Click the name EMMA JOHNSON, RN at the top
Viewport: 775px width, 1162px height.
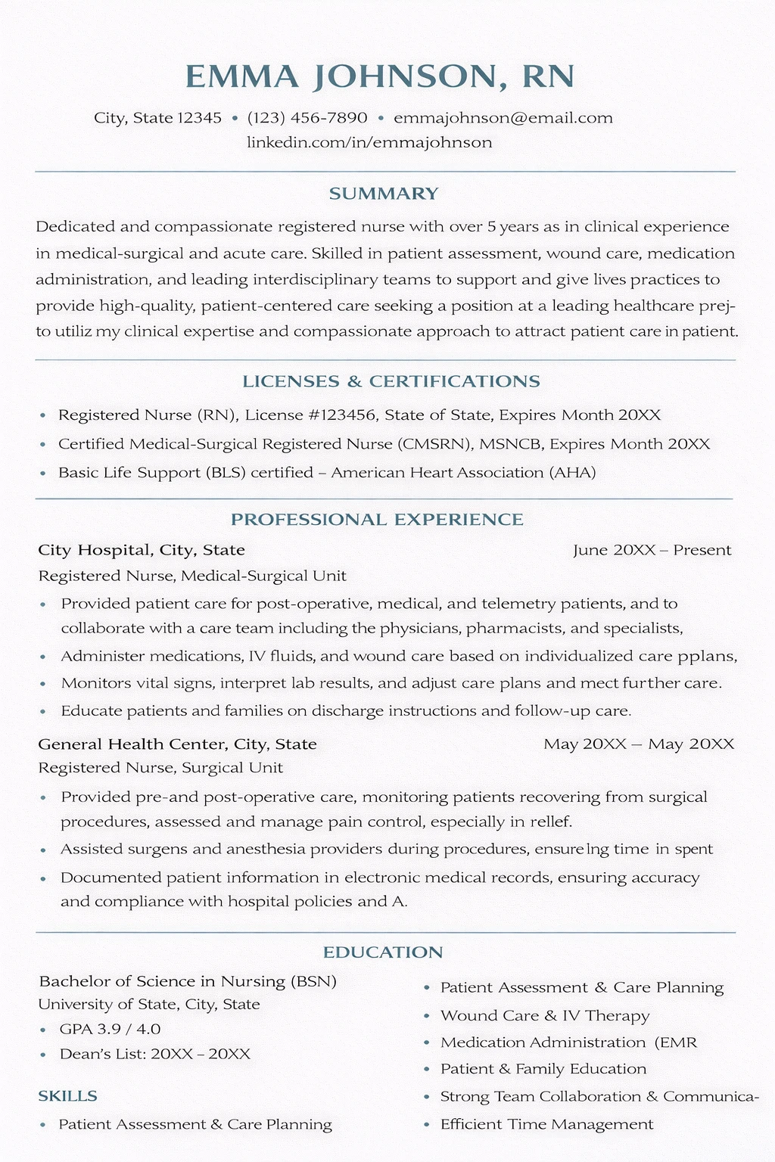[x=379, y=76]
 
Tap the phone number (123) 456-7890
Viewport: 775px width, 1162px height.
[x=307, y=118]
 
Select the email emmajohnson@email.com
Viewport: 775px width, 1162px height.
[x=503, y=118]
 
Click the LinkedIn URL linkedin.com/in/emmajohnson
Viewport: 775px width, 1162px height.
[x=369, y=142]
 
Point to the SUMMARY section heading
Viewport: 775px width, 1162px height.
[x=384, y=194]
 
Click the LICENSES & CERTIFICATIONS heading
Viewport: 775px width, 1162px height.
[x=391, y=381]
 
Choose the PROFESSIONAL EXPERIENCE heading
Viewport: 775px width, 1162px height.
[x=377, y=520]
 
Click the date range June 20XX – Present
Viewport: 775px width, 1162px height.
[x=652, y=550]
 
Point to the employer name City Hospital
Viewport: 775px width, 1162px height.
[x=94, y=550]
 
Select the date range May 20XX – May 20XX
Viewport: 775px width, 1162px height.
[x=639, y=744]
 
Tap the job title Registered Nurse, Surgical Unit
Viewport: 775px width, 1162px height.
[x=160, y=768]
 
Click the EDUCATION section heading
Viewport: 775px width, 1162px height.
[x=383, y=952]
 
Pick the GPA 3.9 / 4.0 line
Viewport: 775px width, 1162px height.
[x=110, y=1029]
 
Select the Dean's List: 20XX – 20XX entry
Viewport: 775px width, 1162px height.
[x=154, y=1054]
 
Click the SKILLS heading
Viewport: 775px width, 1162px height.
[x=67, y=1096]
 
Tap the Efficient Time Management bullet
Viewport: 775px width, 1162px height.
[x=546, y=1124]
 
